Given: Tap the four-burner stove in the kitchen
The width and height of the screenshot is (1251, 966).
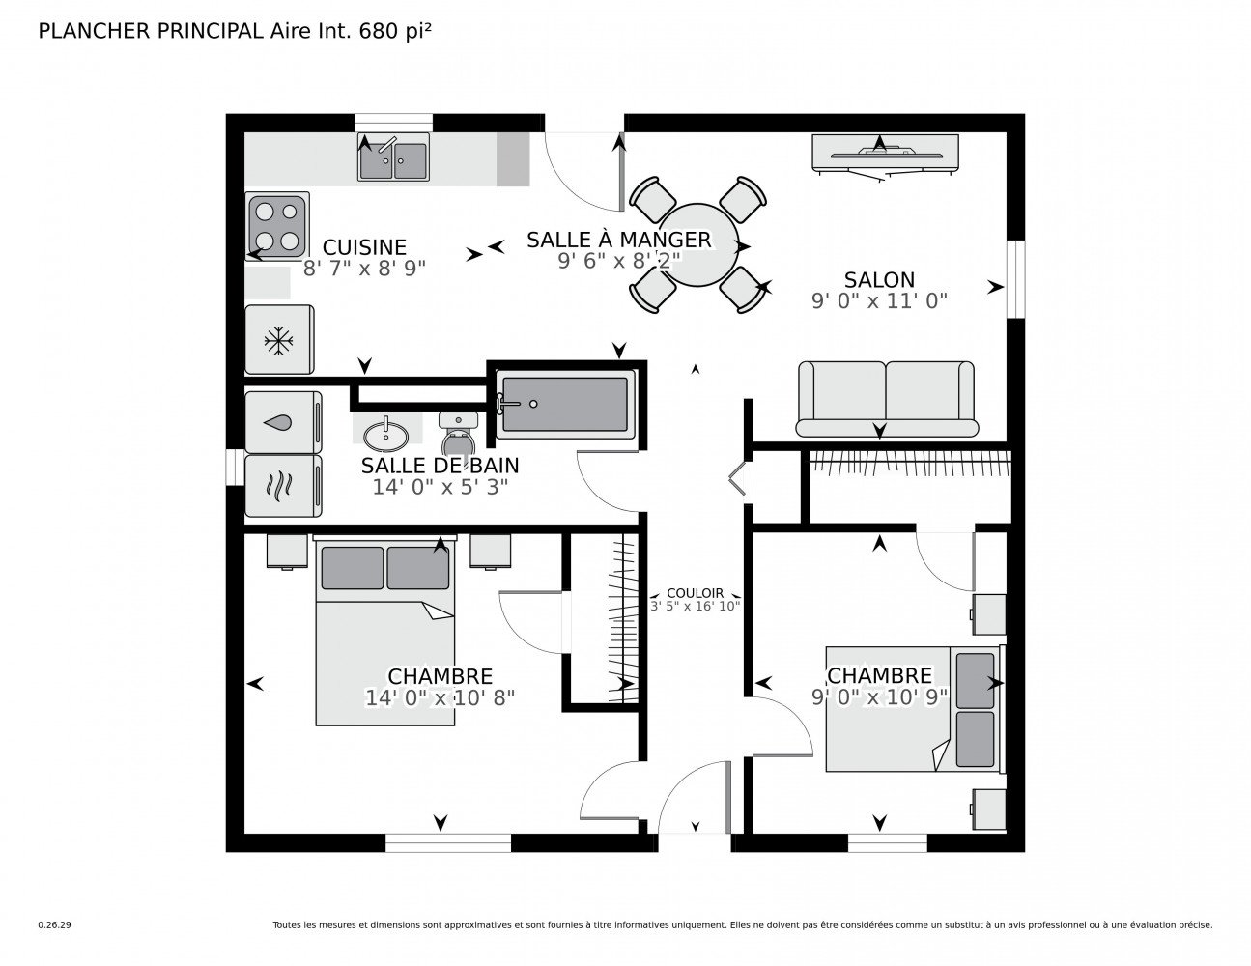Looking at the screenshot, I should (278, 226).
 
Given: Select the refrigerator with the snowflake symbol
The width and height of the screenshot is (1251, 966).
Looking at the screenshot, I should (279, 340).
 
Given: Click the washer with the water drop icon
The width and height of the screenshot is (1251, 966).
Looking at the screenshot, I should (282, 422).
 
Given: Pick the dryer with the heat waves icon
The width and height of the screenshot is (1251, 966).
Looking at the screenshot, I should (282, 486).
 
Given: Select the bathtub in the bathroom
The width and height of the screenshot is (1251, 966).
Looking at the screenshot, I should (565, 404).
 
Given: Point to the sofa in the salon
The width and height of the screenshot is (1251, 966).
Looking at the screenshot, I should (886, 398).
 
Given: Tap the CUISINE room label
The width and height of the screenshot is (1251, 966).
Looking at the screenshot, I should (364, 247).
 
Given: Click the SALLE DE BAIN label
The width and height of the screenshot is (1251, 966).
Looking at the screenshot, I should (440, 466).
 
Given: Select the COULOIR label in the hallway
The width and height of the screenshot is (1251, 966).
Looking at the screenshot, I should (695, 594).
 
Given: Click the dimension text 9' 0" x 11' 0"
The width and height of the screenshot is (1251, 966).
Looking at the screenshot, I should (879, 300).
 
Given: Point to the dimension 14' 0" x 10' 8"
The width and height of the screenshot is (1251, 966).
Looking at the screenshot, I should (440, 696).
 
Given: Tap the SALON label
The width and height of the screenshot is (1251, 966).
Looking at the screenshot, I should (879, 280).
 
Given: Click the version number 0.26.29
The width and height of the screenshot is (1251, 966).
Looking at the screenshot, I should (53, 925).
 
